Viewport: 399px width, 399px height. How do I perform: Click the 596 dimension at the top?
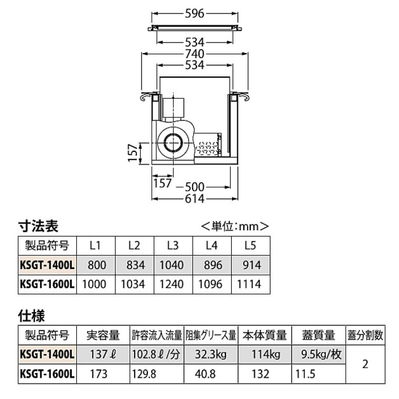pyautogui.click(x=195, y=14)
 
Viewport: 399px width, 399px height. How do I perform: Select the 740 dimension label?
pyautogui.click(x=195, y=53)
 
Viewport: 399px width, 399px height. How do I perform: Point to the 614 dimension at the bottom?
pyautogui.click(x=195, y=199)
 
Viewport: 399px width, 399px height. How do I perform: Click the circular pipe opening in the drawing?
pyautogui.click(x=173, y=142)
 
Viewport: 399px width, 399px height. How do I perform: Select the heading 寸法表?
pyautogui.click(x=39, y=227)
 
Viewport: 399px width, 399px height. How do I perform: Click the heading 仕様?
pyautogui.click(x=32, y=316)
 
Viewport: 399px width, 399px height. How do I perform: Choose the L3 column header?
pyautogui.click(x=173, y=246)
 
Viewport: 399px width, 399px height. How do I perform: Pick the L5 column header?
pyautogui.click(x=250, y=246)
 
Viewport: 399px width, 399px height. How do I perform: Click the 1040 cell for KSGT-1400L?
pyautogui.click(x=173, y=265)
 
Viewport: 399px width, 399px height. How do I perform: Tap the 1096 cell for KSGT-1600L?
pyautogui.click(x=211, y=284)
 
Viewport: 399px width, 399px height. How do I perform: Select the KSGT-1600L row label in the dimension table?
pyautogui.click(x=47, y=284)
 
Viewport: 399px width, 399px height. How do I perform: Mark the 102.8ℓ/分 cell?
pyautogui.click(x=157, y=354)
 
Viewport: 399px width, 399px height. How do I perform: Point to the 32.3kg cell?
pyautogui.click(x=210, y=354)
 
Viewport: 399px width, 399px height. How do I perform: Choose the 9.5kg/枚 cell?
pyautogui.click(x=318, y=354)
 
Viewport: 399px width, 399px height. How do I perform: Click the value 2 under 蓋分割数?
pyautogui.click(x=365, y=364)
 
